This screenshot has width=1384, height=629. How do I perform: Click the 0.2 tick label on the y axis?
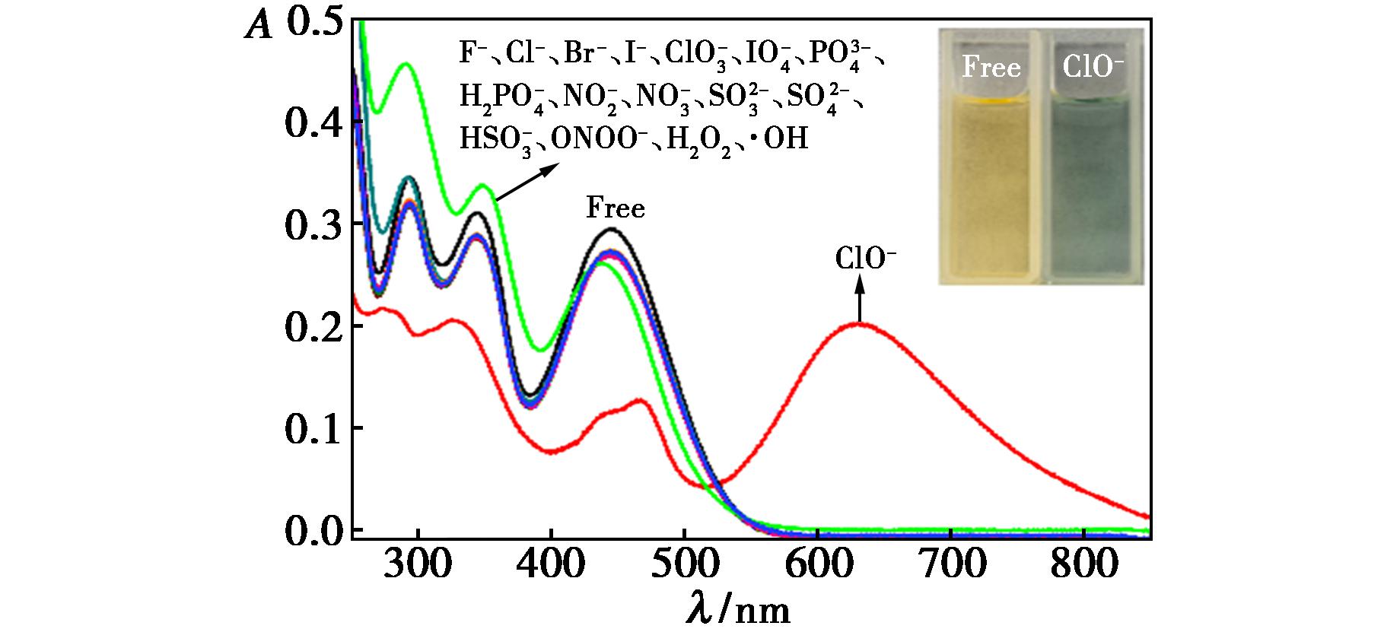coord(314,326)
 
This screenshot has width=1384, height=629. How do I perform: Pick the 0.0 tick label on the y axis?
coord(314,530)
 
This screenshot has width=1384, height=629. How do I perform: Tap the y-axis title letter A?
coord(257,27)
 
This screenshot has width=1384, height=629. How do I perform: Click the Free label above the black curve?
coord(615,208)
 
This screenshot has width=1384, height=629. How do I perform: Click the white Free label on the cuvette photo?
coord(991,68)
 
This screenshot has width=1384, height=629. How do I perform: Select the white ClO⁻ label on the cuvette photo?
coord(1093,68)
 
